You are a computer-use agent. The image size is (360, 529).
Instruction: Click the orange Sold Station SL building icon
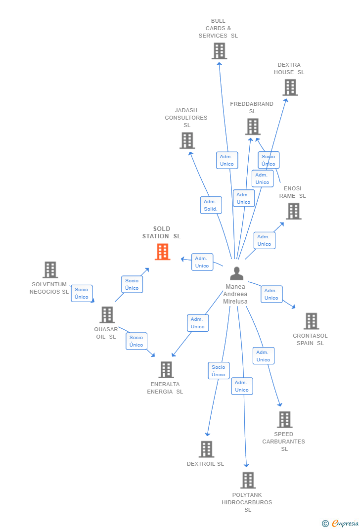click(x=162, y=252)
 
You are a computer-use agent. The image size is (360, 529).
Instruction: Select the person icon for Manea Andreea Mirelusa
click(x=237, y=273)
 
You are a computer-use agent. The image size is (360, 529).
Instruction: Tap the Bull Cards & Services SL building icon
click(x=219, y=51)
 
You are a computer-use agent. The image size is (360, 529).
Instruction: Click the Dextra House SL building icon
click(x=290, y=88)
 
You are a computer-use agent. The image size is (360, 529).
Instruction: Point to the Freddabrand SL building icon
click(x=253, y=127)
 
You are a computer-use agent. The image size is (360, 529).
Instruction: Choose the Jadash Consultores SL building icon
click(x=187, y=140)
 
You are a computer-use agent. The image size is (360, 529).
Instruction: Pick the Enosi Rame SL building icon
click(x=294, y=211)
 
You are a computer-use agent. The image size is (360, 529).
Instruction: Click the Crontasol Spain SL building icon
click(x=311, y=321)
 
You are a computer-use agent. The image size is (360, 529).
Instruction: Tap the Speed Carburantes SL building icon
click(x=284, y=420)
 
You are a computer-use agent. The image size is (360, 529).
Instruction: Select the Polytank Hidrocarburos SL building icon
click(x=248, y=480)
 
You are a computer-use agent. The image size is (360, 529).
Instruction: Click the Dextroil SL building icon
click(x=206, y=449)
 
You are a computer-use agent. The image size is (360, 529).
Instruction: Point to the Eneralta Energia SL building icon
click(x=166, y=369)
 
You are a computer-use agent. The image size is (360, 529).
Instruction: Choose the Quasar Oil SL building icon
click(x=107, y=315)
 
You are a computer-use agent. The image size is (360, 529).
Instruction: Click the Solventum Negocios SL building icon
click(x=50, y=270)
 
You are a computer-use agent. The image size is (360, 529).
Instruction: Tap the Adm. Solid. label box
click(x=211, y=205)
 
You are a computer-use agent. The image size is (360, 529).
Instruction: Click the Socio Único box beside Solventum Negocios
click(x=82, y=293)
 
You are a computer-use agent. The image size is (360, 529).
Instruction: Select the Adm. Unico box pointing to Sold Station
click(x=202, y=262)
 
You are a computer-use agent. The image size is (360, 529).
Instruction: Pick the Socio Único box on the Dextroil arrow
click(x=219, y=371)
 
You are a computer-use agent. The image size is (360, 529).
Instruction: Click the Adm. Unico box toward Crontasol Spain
click(x=271, y=294)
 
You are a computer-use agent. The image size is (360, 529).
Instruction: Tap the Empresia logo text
click(x=345, y=523)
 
